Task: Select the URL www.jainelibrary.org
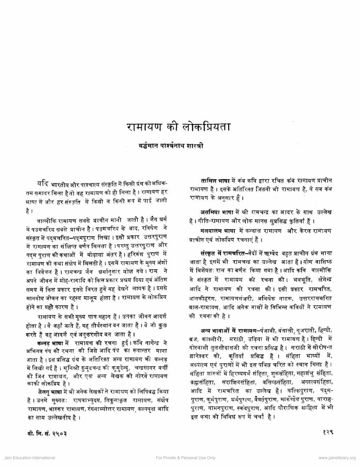point(337,458)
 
